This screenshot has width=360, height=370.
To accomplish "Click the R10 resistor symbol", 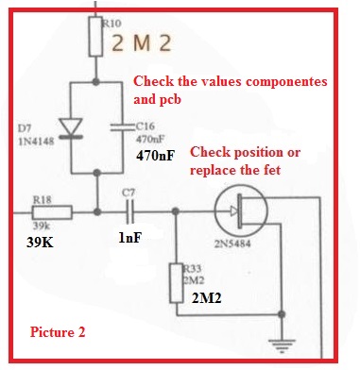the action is point(95,37).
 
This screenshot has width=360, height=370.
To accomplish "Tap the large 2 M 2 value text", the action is point(142,43).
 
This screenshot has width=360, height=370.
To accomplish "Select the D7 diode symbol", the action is point(72,128).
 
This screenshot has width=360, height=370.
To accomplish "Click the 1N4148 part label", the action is point(36,142).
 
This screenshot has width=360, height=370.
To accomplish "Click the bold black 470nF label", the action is point(155,156).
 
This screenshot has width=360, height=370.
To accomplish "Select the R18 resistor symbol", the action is point(52,212).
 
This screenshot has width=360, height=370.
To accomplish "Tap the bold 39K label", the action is point(40,243).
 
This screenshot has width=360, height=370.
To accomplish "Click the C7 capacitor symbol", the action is point(130,211).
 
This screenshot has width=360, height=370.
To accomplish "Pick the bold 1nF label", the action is point(129,238).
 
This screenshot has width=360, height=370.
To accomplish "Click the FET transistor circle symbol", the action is point(241,210).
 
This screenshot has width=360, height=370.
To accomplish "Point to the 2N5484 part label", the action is point(232,244).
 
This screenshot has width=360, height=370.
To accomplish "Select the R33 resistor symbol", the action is point(177,283).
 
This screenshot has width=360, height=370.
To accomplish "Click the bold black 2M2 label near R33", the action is point(207,298).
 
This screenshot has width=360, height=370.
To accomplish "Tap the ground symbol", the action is point(282,345).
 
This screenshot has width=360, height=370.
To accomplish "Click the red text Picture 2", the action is point(58,332).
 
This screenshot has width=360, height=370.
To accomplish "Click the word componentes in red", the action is point(286,81).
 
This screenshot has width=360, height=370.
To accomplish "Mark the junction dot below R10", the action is point(95,82).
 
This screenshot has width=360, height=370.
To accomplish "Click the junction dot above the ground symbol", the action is point(282,314).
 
